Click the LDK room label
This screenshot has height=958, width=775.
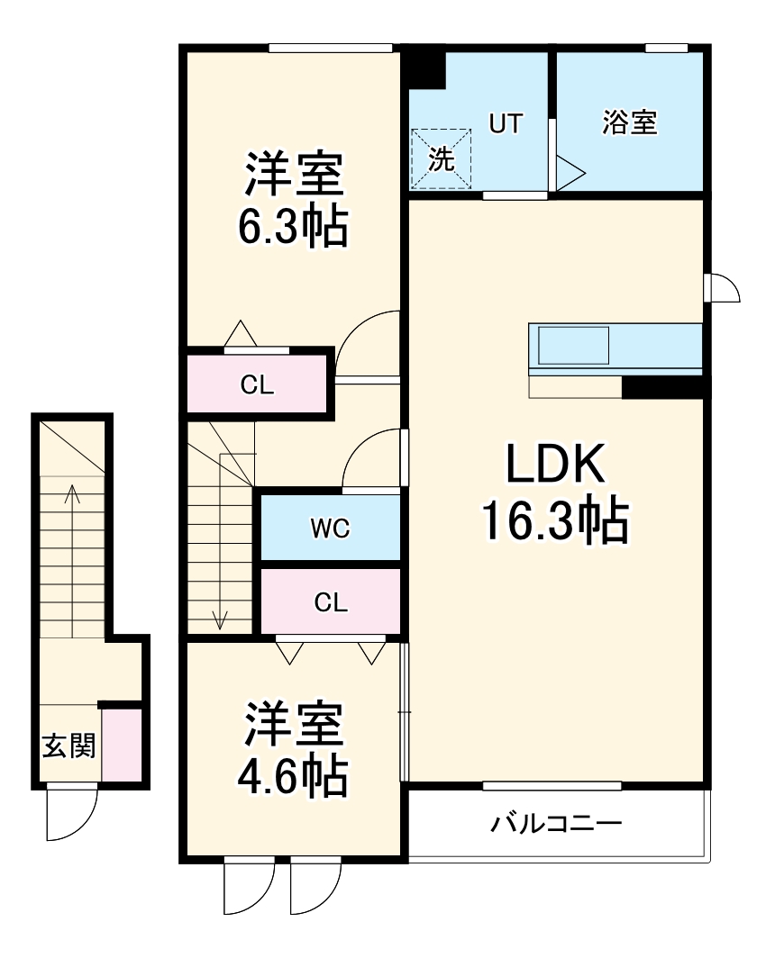tap(553, 465)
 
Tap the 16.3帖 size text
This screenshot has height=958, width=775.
tap(553, 520)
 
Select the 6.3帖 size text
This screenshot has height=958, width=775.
tap(292, 227)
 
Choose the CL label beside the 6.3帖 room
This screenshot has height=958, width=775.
tap(257, 385)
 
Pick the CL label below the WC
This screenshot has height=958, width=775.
tap(331, 602)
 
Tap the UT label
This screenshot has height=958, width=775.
tap(506, 123)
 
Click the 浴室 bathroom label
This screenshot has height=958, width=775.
tap(629, 123)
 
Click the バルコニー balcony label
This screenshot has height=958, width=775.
tap(556, 824)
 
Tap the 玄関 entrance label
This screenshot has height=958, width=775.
tap(68, 746)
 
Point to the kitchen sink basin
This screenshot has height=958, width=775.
tap(573, 346)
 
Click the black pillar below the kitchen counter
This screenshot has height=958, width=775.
tap(661, 387)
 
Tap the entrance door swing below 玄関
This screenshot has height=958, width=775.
tap(70, 812)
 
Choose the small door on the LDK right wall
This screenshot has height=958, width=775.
tap(724, 288)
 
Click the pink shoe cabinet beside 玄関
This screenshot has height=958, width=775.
tap(120, 746)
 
